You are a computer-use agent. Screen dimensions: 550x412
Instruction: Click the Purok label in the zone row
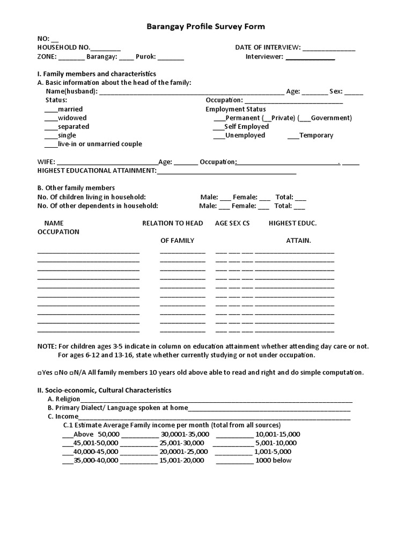click(x=145, y=56)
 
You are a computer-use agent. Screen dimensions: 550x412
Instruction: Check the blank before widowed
click(x=50, y=118)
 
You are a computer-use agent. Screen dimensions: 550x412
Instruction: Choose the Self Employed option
click(x=246, y=127)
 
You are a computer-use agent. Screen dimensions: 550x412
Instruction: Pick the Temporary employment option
click(x=316, y=135)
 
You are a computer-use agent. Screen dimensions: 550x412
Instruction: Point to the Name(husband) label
click(x=71, y=91)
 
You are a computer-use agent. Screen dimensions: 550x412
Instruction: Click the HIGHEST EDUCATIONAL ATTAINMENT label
click(x=97, y=170)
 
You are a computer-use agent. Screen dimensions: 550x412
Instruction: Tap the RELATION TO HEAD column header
click(x=172, y=223)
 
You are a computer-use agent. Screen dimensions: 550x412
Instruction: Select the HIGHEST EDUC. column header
click(x=292, y=223)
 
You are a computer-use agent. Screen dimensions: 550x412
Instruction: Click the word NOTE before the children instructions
click(x=47, y=346)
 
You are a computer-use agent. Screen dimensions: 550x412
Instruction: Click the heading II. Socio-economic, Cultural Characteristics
click(x=104, y=390)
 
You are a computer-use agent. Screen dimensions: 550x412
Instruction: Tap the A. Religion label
click(x=64, y=399)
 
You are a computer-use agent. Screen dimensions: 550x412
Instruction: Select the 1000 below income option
click(x=274, y=460)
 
